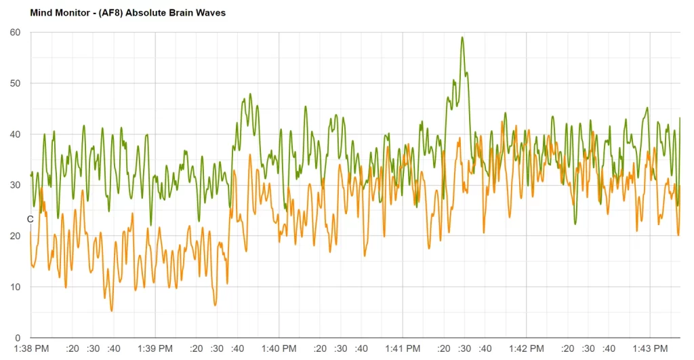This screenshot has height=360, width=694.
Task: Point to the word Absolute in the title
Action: [151, 12]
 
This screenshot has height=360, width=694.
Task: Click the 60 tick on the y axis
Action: [16, 33]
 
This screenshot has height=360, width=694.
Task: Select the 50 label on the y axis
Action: [16, 83]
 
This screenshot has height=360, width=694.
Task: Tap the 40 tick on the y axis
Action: [16, 134]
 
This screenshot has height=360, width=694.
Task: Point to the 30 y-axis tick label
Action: [16, 185]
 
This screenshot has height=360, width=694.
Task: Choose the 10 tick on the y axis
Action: [16, 287]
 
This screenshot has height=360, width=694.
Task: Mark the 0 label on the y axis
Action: [18, 338]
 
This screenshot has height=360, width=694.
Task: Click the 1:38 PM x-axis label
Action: [31, 348]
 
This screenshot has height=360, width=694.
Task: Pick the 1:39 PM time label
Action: [155, 348]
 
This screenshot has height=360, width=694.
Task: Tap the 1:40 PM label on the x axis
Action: [279, 348]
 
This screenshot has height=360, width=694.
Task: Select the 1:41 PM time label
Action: [403, 348]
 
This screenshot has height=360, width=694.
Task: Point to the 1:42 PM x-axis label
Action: [527, 348]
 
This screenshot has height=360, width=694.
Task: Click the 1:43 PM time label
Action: [651, 348]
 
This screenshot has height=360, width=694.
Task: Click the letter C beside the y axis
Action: [30, 219]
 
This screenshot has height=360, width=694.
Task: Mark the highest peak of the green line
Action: [462, 37]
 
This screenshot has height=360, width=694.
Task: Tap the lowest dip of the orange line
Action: [112, 311]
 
